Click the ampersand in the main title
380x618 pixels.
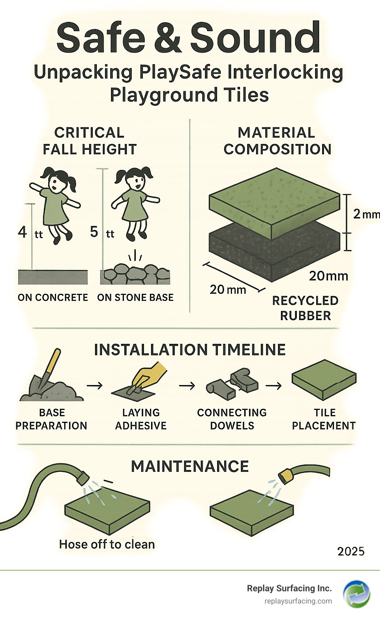168,37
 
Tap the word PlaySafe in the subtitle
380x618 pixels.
180,72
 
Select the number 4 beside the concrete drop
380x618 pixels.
22,232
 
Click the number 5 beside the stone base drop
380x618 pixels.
94,231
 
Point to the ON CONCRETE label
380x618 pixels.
53,298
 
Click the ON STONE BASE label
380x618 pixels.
135,298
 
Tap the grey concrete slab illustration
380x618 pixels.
53,277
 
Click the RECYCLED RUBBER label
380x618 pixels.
305,308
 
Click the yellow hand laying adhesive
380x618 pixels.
149,375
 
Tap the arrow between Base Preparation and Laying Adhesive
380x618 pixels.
95,385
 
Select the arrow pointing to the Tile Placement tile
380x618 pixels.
273,385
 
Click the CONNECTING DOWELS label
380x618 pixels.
232,419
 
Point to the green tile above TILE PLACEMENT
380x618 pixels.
324,379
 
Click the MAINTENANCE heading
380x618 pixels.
190,467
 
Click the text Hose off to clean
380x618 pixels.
107,544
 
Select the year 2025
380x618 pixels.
351,552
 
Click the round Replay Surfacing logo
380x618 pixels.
356,594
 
